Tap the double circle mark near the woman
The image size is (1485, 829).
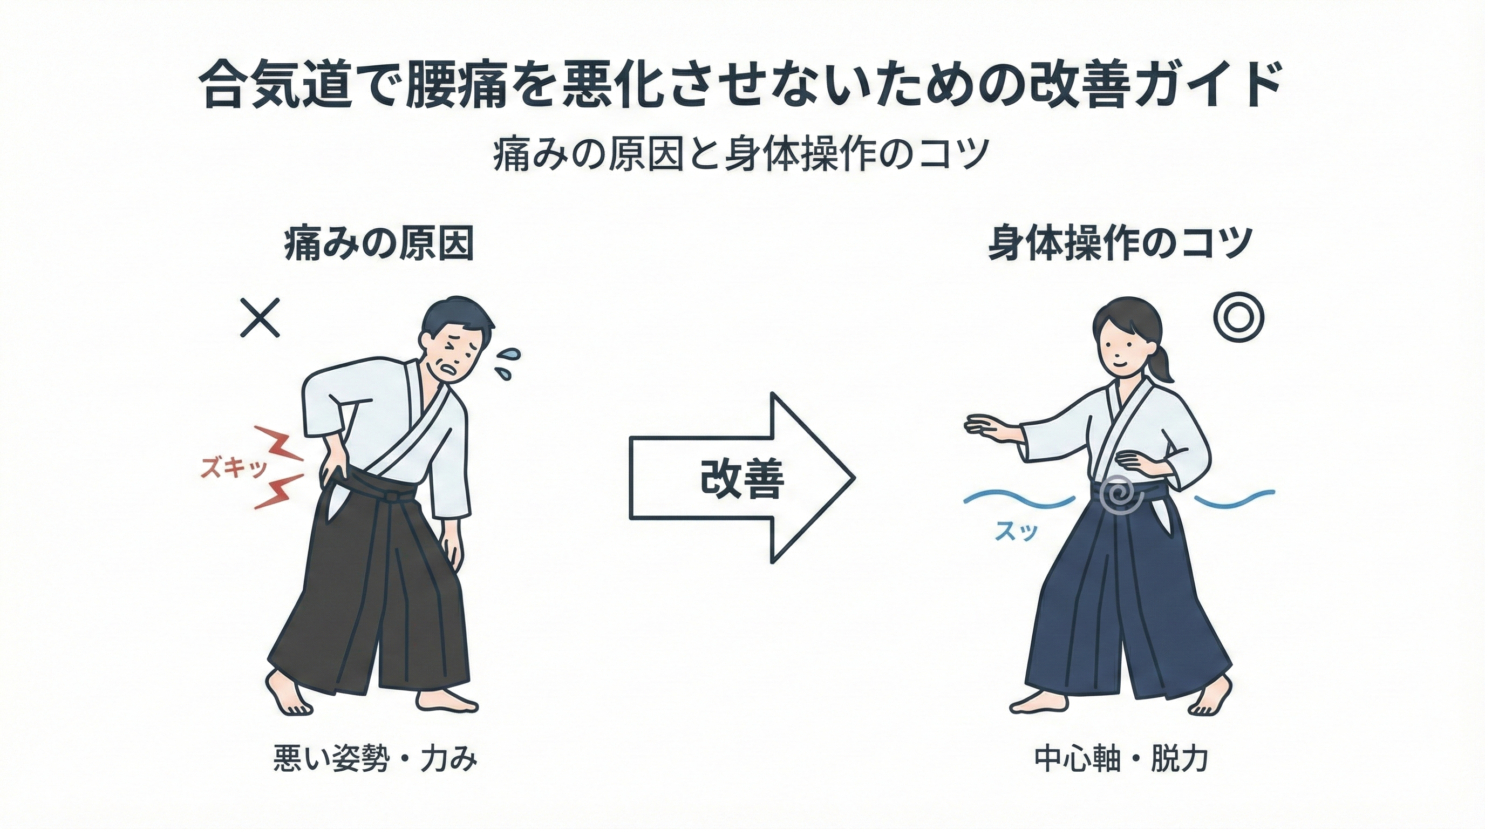click(1239, 318)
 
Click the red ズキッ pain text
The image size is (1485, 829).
click(233, 468)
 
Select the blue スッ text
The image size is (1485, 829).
click(1016, 531)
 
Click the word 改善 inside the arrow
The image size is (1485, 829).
click(742, 479)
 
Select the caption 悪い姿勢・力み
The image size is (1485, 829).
click(375, 759)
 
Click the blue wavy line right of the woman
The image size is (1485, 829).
click(1234, 499)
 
